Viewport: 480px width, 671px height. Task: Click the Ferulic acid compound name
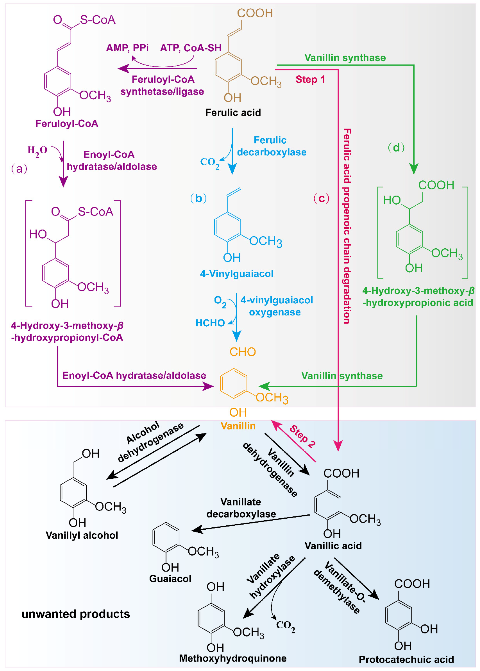[x=233, y=113]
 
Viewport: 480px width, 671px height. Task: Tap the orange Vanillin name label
[x=238, y=426]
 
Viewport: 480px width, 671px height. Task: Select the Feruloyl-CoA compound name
[x=67, y=124]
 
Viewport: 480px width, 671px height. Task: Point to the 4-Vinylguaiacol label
[x=237, y=274]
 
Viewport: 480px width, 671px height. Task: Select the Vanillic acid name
[x=333, y=546]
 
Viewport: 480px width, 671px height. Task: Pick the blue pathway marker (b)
[x=198, y=198]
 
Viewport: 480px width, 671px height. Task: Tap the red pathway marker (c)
[x=321, y=198]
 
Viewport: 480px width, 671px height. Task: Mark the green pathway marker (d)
[x=396, y=147]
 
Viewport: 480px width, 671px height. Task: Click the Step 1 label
[x=310, y=80]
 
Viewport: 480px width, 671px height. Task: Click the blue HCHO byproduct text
[x=210, y=323]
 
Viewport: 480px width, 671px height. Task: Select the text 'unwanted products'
[x=76, y=614]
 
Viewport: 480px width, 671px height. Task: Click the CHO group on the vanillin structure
[x=243, y=352]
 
